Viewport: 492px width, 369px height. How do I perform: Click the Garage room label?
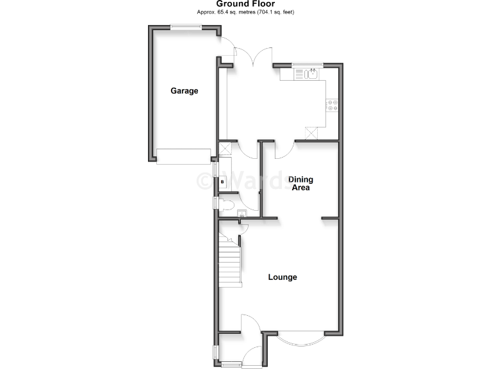click(184, 91)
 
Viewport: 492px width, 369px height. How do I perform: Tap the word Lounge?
click(283, 277)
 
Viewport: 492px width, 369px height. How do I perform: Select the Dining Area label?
click(300, 183)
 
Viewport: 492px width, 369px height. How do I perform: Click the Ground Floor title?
click(245, 4)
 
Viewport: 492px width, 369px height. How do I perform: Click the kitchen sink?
click(309, 74)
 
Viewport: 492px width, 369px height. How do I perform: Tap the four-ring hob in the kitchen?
click(332, 105)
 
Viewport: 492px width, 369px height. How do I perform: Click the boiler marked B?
click(222, 183)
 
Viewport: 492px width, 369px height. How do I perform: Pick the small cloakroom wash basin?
click(242, 214)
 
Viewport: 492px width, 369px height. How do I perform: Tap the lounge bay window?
click(301, 337)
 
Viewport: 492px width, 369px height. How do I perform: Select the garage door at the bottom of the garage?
click(184, 156)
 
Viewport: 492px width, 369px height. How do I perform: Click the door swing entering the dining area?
click(285, 150)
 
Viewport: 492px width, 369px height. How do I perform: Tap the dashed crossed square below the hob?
click(312, 133)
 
